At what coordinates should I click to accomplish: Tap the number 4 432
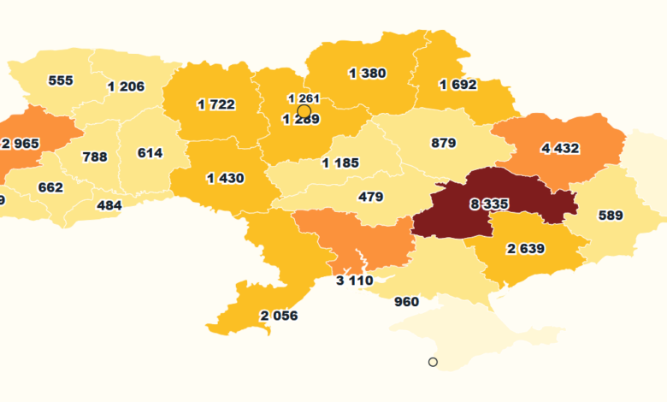click(560, 148)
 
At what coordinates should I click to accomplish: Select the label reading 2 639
click(526, 249)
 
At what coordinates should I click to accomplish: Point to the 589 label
click(611, 216)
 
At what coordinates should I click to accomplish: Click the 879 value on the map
click(443, 143)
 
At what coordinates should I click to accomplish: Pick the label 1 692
click(458, 85)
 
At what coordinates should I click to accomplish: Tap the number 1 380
click(368, 74)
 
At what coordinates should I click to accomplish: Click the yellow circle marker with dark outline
click(304, 111)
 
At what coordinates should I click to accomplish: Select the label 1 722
click(215, 104)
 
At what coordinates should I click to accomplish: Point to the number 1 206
click(126, 86)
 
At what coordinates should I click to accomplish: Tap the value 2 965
click(21, 143)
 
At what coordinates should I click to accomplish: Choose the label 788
click(94, 157)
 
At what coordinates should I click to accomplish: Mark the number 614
click(150, 153)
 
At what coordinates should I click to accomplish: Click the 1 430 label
click(225, 178)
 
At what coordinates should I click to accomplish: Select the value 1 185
click(340, 163)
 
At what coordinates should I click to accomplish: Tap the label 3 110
click(354, 281)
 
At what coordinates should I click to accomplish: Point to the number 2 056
click(279, 316)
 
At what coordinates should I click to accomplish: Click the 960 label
click(406, 302)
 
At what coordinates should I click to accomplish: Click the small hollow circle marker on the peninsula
click(433, 362)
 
